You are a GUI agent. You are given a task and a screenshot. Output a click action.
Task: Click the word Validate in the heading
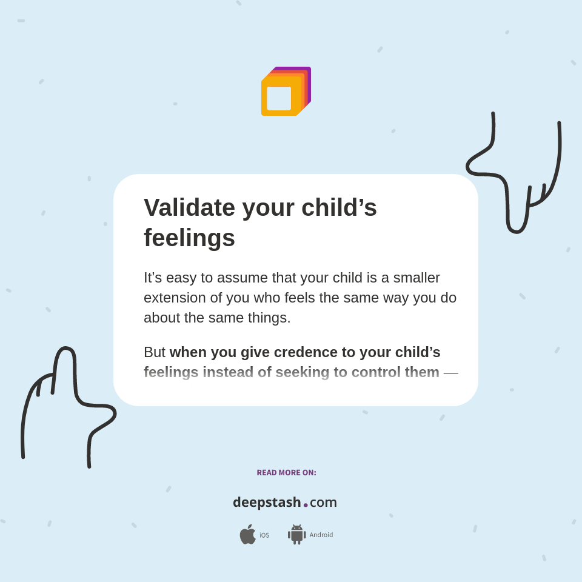189,208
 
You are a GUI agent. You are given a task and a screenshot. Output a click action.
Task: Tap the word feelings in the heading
189,238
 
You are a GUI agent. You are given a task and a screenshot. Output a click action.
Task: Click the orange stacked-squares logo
286,92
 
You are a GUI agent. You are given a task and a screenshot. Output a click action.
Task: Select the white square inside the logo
279,98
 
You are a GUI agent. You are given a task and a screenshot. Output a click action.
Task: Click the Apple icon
247,534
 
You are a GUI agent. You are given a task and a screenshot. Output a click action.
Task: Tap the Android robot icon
296,534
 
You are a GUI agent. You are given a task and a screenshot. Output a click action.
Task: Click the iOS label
264,535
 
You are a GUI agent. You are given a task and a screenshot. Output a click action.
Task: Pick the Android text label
321,535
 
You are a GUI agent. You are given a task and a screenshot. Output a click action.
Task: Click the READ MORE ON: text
286,473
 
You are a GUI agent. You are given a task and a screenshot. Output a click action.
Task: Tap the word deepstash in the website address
267,502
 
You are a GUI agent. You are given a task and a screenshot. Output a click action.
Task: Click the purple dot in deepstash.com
306,504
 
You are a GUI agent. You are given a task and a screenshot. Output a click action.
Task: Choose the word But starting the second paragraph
155,352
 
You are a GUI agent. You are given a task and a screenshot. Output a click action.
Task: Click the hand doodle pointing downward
515,176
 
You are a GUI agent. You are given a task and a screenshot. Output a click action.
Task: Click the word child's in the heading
339,208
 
